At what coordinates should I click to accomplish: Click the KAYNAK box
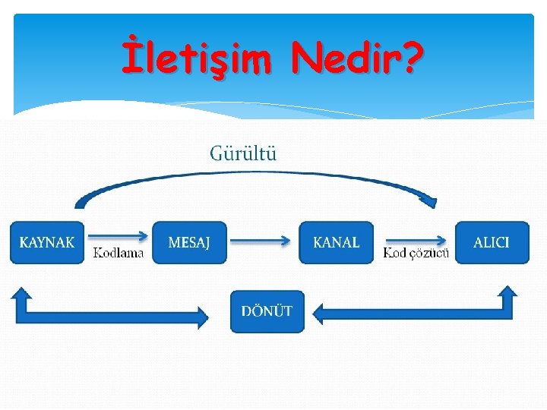47,242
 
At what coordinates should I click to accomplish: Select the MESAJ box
189,242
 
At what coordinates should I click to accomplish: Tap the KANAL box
337,242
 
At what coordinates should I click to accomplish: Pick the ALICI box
492,242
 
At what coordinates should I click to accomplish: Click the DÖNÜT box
267,311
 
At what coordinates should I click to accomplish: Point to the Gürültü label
243,153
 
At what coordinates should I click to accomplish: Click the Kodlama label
118,253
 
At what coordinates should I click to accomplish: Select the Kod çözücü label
416,253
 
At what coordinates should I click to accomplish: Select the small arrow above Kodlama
118,235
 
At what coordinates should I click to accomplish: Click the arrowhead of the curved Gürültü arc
430,200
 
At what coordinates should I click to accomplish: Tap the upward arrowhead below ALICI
506,293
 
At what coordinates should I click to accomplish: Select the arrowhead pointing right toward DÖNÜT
201,316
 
